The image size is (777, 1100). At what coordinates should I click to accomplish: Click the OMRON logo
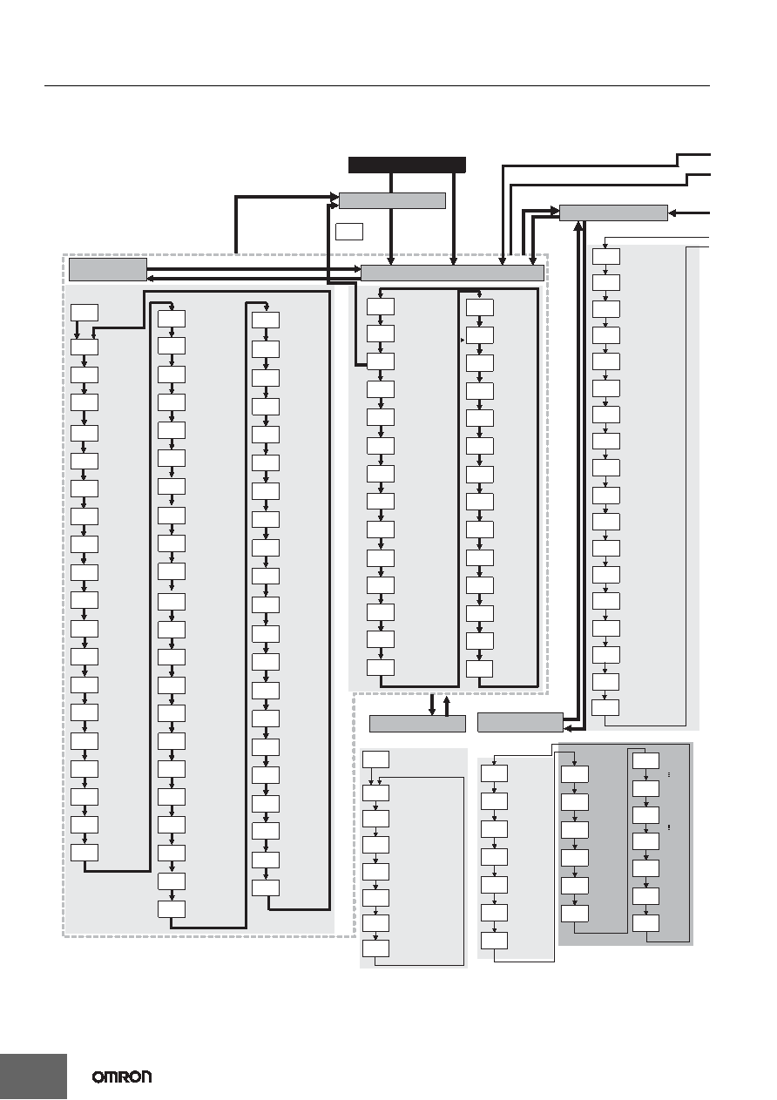122,1076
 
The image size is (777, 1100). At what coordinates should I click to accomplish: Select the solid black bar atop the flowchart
407,165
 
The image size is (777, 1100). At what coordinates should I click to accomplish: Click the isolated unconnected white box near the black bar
349,232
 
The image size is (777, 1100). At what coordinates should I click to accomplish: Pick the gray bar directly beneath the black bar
393,200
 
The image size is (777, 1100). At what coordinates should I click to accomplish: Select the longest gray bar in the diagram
452,273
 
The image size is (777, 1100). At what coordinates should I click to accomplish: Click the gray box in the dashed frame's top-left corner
108,270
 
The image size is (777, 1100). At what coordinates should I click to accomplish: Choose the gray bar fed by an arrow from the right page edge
613,213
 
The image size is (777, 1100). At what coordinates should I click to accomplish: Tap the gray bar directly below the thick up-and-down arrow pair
417,724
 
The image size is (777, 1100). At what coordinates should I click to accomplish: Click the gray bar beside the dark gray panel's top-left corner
520,722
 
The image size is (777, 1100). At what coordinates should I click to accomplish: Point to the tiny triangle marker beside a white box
463,340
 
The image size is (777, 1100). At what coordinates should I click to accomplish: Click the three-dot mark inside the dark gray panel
670,775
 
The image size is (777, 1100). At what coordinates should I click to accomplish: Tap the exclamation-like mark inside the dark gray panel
670,827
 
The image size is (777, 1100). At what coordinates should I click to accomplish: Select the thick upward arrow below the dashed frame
447,705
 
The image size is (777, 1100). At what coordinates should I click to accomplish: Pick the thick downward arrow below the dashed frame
432,705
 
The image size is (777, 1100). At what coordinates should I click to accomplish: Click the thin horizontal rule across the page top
377,86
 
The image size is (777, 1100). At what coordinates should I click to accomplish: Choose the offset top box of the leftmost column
84,313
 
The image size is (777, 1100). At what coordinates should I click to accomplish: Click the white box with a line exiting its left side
381,361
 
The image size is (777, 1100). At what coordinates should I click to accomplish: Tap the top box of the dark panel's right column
645,760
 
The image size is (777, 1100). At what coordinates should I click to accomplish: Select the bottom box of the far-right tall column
605,707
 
